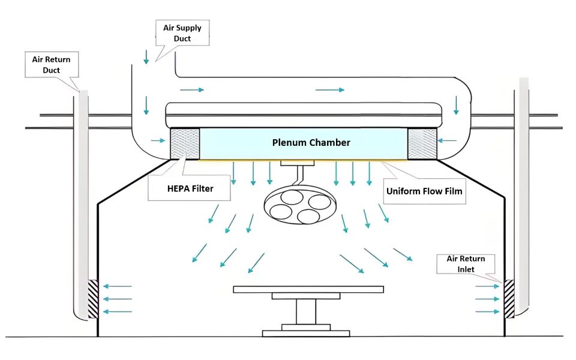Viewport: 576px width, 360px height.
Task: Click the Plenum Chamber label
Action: [x=311, y=143]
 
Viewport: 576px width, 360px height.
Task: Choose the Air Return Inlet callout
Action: [x=466, y=264]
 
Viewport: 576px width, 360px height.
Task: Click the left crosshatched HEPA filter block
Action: [x=185, y=143]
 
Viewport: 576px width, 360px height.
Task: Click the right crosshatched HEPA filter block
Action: [x=422, y=143]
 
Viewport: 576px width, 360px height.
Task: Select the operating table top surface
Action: [x=308, y=289]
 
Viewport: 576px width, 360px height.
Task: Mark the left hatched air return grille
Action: [x=93, y=298]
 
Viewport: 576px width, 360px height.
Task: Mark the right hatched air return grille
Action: [x=509, y=298]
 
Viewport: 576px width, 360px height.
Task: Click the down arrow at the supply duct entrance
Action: [x=146, y=58]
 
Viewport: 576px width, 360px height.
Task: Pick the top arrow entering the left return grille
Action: [x=118, y=286]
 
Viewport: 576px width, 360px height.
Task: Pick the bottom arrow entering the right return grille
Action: [x=487, y=311]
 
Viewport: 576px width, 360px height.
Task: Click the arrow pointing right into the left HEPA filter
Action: [x=158, y=141]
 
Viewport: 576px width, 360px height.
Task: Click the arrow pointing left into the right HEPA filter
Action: [x=448, y=141]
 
